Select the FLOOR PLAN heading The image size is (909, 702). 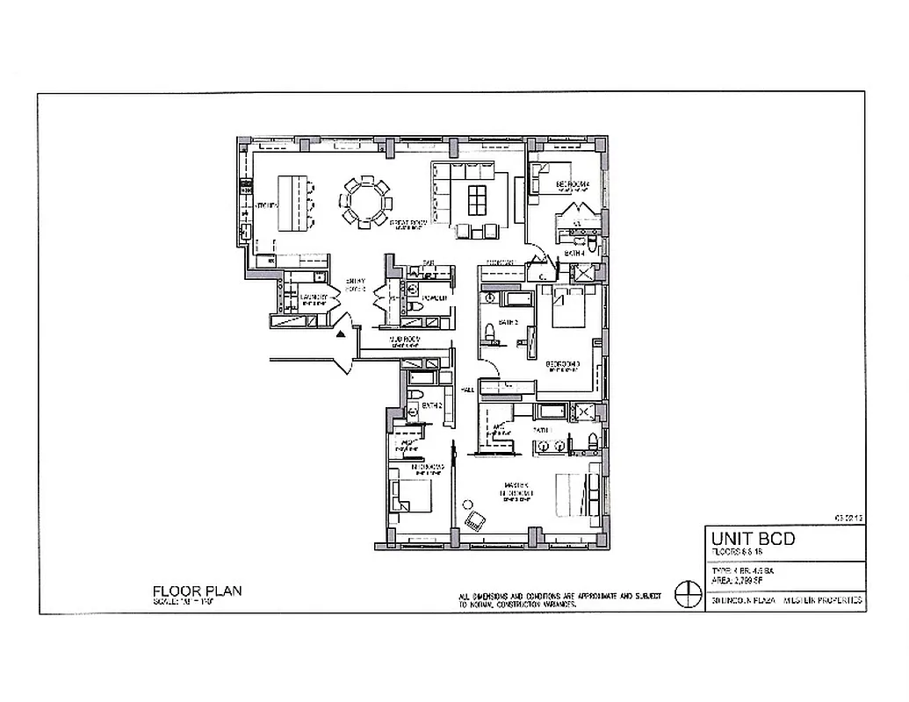(197, 591)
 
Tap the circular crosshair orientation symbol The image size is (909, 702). (685, 593)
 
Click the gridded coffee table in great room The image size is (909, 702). (477, 200)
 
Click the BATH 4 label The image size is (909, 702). (575, 254)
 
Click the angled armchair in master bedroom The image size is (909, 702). (475, 519)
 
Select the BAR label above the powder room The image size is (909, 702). (429, 262)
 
